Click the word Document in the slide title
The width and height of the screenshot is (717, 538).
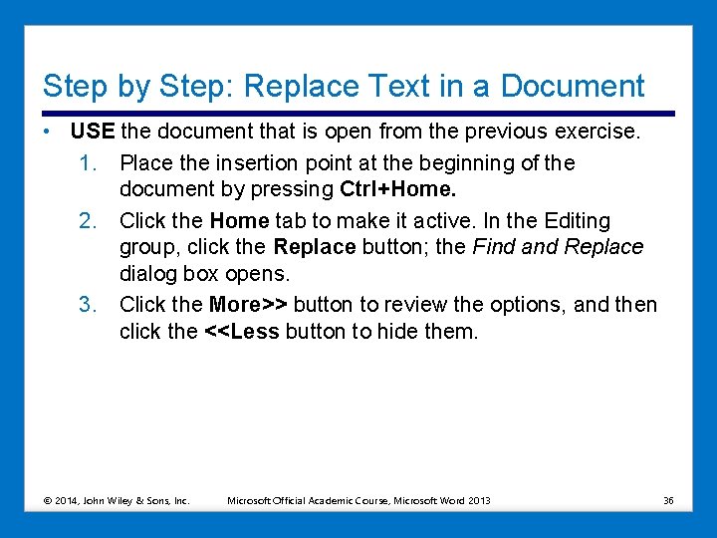pyautogui.click(x=573, y=87)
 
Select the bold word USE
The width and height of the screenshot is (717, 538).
pyautogui.click(x=93, y=133)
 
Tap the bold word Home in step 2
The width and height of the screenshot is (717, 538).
pyautogui.click(x=239, y=220)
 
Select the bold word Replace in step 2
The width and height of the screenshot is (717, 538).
pyautogui.click(x=314, y=247)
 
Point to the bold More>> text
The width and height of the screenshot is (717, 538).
pyautogui.click(x=248, y=304)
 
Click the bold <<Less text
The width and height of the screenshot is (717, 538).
pyautogui.click(x=242, y=332)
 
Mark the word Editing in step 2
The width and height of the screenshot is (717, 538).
pyautogui.click(x=575, y=220)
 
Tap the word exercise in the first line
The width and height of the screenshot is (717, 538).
pyautogui.click(x=597, y=133)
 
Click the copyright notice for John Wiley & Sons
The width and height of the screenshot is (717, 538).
pyautogui.click(x=118, y=500)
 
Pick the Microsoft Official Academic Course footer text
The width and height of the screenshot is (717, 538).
pyautogui.click(x=358, y=500)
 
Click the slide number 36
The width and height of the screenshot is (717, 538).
pyautogui.click(x=668, y=500)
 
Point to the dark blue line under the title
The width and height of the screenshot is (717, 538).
pyautogui.click(x=358, y=114)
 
